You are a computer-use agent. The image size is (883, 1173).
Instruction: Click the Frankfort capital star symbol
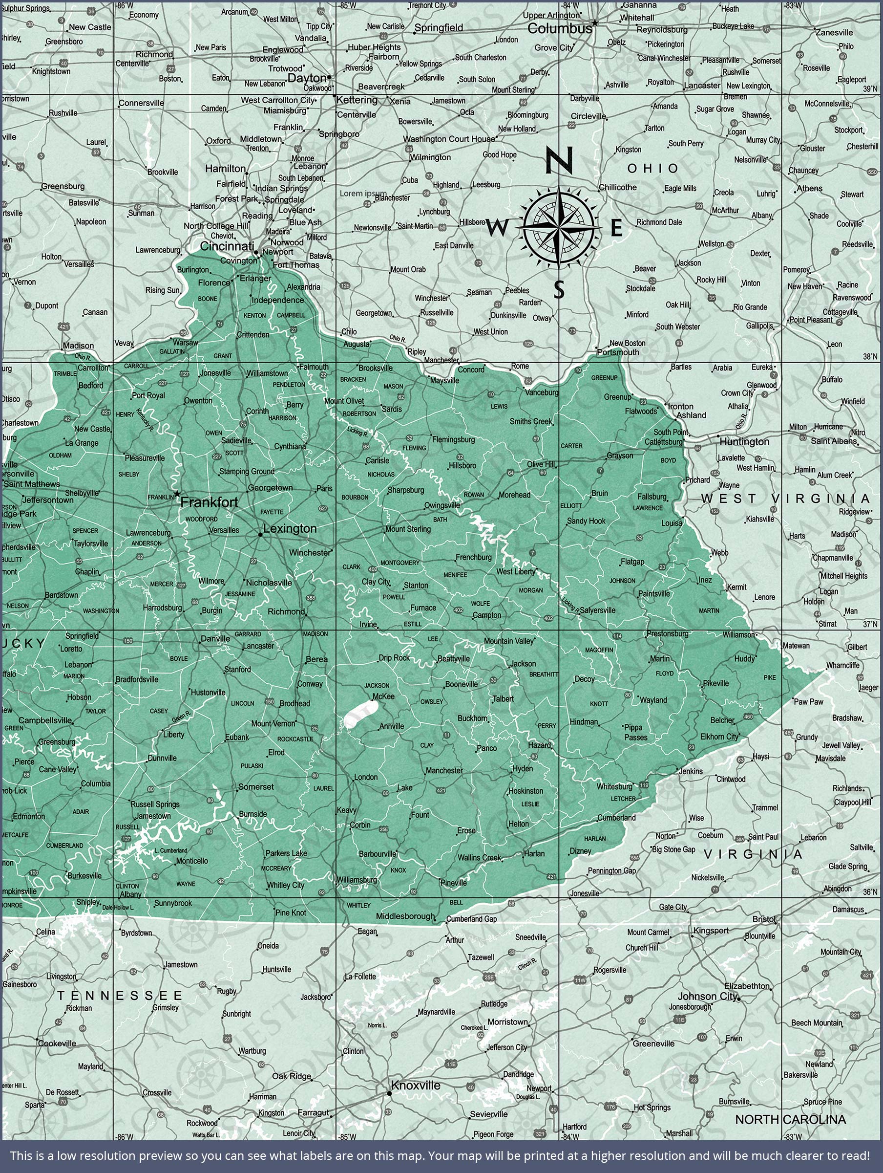tap(177, 494)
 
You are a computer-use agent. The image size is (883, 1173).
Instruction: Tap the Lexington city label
tap(290, 529)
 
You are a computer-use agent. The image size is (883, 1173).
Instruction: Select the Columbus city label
tap(560, 29)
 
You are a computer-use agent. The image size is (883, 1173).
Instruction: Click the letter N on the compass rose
tap(559, 160)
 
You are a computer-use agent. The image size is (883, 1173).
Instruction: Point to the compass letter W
tap(496, 228)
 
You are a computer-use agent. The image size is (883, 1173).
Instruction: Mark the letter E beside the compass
tap(616, 228)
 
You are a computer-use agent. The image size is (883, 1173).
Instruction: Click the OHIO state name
tap(652, 169)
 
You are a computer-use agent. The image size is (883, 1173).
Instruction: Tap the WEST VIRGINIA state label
tap(785, 499)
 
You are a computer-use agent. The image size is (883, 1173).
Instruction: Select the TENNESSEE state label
tap(120, 996)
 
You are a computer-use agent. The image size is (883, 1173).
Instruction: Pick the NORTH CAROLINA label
tap(790, 1119)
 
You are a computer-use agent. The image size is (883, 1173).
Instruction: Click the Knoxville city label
tap(416, 1085)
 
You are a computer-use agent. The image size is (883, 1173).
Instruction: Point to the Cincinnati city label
tap(227, 246)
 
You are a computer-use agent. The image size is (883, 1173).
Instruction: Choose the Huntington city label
tap(744, 442)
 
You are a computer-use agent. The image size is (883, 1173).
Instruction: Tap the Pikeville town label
tap(715, 683)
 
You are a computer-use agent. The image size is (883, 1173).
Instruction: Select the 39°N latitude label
tap(870, 88)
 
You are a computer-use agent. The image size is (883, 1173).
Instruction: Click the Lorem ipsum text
tap(363, 194)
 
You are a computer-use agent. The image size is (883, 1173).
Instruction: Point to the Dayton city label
tap(306, 78)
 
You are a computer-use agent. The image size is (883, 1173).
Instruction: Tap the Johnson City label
tap(707, 996)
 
